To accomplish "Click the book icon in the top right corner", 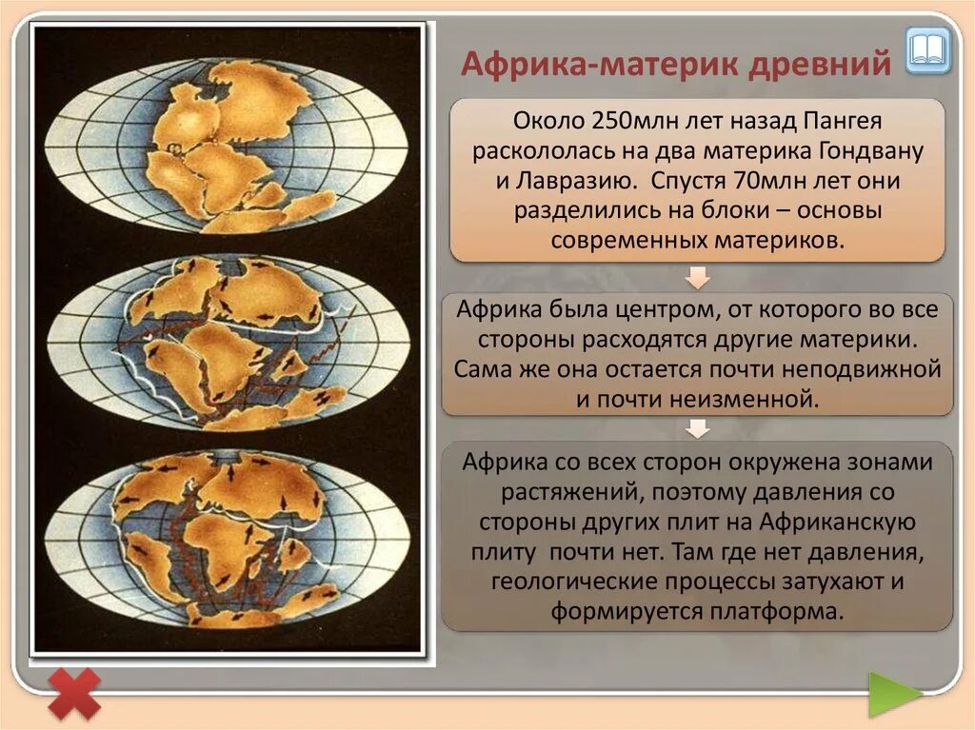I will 927,49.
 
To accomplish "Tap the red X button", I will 73,693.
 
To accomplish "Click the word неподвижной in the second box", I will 865,368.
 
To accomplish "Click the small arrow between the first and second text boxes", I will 698,277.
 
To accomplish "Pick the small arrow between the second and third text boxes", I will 698,429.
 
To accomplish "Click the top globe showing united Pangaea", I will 226,147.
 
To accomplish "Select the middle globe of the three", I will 226,343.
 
